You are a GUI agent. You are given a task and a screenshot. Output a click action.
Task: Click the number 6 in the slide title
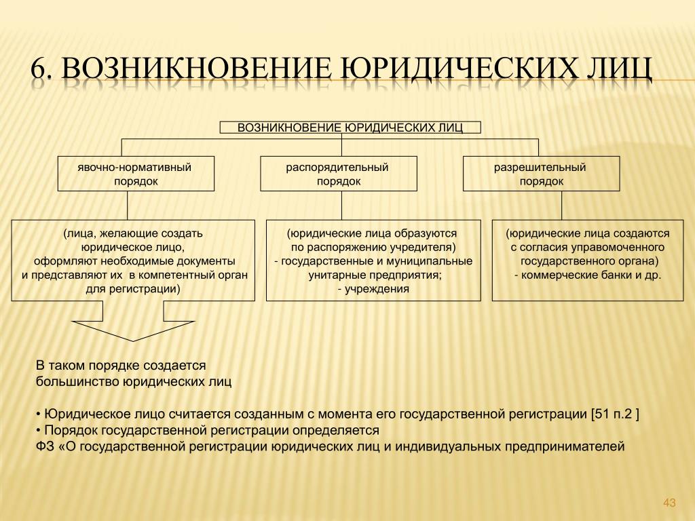39,69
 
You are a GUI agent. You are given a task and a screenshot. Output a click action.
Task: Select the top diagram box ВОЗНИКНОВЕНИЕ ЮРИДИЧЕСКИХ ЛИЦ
350,128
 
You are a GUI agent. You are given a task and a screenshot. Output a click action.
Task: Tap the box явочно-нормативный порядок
136,174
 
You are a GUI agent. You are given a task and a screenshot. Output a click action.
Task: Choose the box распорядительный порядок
339,174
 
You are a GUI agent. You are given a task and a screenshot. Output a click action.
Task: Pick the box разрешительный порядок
541,174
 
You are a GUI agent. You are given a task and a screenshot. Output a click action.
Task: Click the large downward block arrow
133,321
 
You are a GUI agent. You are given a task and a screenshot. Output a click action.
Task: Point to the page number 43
669,503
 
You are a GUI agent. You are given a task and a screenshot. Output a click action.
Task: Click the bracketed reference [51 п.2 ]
615,414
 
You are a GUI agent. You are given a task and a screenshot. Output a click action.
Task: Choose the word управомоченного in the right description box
619,247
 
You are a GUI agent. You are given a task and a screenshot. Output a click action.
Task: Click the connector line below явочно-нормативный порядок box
127,206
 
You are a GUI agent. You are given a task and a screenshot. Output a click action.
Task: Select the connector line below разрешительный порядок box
561,206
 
